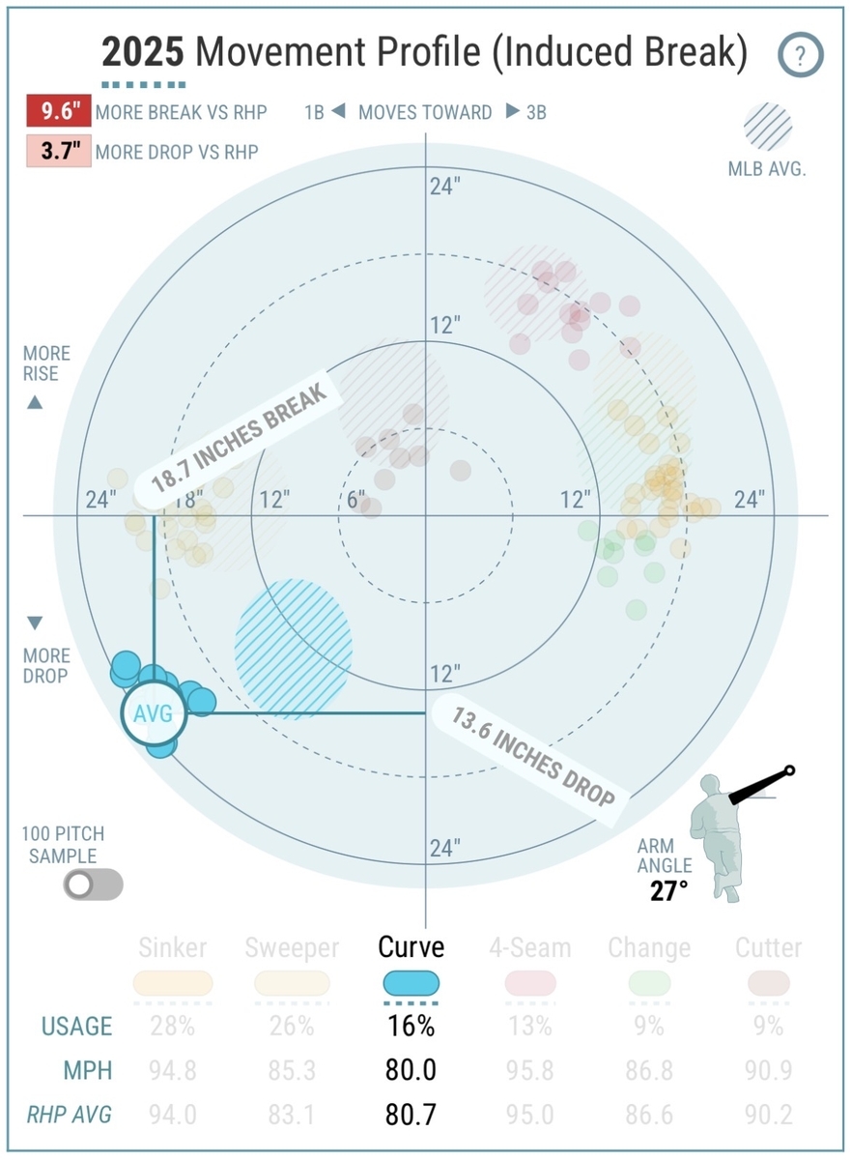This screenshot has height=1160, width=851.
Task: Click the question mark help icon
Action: point(801,55)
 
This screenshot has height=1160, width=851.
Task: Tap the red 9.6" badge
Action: point(58,112)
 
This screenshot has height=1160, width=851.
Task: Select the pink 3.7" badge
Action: point(58,152)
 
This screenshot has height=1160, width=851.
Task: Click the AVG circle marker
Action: point(152,714)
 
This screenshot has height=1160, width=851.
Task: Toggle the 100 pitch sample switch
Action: point(93,884)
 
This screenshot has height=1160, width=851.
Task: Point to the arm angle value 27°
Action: point(668,889)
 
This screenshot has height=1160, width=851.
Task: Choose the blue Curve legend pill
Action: point(411,984)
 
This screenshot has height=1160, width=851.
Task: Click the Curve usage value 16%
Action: point(411,1026)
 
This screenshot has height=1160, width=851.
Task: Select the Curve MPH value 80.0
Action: point(411,1070)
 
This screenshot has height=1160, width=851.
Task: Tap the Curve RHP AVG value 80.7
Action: point(411,1115)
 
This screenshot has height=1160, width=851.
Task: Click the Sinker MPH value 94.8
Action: point(174,1070)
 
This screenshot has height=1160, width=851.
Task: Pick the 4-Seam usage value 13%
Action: point(530,1026)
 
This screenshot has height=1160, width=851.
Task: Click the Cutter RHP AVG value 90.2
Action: point(768,1115)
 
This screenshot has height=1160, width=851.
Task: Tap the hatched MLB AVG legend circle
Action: point(768,128)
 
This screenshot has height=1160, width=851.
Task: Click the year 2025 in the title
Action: point(144,53)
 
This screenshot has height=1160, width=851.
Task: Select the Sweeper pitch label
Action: point(292,947)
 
